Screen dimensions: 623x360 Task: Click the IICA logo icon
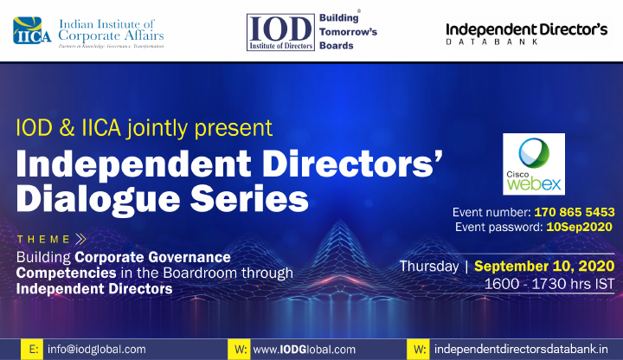tap(32, 30)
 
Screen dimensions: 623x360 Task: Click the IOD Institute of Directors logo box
tap(280, 32)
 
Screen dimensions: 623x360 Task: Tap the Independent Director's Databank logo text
tap(526, 34)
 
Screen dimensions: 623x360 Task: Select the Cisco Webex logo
tap(534, 164)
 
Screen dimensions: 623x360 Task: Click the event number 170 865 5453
tap(575, 212)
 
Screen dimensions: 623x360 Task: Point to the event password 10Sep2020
tap(579, 227)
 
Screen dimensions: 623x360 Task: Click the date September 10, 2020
tap(544, 267)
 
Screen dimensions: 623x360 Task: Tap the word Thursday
tap(429, 267)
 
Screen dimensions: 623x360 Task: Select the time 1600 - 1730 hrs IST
tap(549, 284)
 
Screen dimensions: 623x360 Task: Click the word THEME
tap(43, 239)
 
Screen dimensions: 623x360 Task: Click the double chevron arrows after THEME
tap(80, 239)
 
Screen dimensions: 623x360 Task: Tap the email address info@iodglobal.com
tap(97, 350)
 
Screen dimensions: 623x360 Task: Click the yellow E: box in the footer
tap(32, 350)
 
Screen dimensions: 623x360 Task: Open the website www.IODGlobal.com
tap(305, 350)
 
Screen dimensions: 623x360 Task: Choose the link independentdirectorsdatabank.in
tap(521, 350)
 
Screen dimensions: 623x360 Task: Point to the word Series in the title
tap(249, 199)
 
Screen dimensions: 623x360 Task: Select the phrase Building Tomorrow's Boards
tap(348, 32)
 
